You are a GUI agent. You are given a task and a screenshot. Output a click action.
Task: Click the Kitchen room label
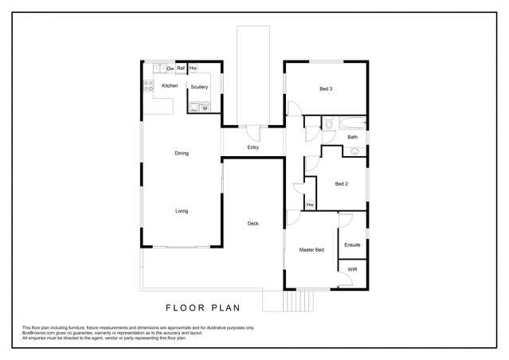pos(170,85)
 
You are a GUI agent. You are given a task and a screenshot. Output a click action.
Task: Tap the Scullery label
pos(199,87)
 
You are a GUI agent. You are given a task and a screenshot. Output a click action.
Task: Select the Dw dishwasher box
pos(170,69)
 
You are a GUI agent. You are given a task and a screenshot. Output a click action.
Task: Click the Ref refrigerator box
pos(181,69)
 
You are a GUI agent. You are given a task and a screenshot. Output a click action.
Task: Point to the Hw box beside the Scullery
pos(193,69)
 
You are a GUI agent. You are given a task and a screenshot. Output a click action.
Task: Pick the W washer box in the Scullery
pos(205,108)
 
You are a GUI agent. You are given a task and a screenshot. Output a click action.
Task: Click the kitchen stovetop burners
pos(148,85)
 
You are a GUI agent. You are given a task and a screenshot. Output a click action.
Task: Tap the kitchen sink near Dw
pos(159,69)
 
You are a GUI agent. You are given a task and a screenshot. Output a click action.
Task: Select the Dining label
pos(182,153)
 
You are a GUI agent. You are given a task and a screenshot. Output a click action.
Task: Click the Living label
pos(182,211)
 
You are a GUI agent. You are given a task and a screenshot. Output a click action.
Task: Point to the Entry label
pos(253,147)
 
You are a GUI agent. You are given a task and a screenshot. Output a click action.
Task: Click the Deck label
pos(253,223)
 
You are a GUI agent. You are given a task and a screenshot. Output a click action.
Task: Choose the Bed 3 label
pos(326,88)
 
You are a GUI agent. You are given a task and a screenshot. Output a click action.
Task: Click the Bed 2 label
pos(341,184)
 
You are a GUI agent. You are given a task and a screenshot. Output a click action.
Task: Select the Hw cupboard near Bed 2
pos(310,205)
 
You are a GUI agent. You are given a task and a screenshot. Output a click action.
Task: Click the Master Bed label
pos(311,250)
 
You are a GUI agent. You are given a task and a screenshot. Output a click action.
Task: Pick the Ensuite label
pos(352,245)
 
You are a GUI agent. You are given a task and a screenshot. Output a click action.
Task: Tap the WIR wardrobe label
pos(352,271)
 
